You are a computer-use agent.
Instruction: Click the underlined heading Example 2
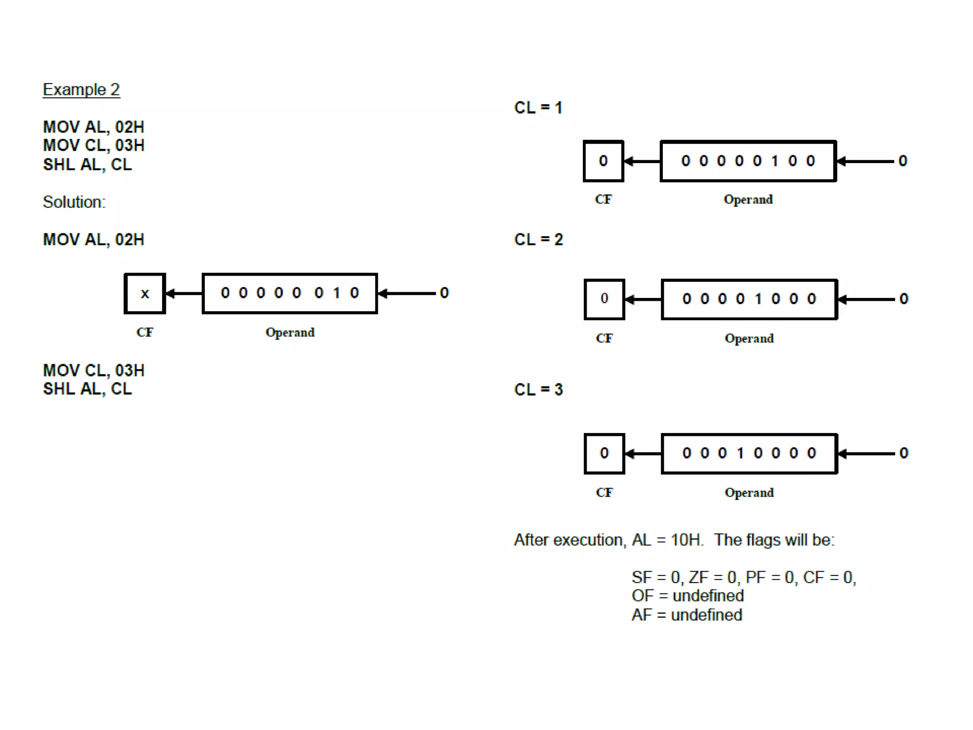(x=81, y=90)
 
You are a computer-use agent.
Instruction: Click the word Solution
(x=74, y=202)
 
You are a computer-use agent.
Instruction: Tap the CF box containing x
(x=145, y=294)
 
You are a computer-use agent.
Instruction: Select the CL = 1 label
(x=538, y=108)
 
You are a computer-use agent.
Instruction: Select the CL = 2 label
(x=538, y=240)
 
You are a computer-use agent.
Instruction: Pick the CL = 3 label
(x=538, y=390)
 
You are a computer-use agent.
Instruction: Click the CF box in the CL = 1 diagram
(x=603, y=161)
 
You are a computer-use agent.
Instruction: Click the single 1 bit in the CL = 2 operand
(x=758, y=299)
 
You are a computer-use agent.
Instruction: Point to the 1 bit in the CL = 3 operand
(x=740, y=453)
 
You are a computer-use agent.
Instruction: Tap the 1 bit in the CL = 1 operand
(x=775, y=161)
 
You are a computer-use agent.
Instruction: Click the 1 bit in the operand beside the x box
(x=336, y=293)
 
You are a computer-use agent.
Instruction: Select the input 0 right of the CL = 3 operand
(x=904, y=453)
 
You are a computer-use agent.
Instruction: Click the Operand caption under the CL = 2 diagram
(x=749, y=338)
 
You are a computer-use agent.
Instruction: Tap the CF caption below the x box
(x=145, y=332)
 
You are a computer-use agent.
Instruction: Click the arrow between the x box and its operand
(x=184, y=294)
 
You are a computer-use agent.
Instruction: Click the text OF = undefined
(x=687, y=596)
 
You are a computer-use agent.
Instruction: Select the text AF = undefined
(x=687, y=615)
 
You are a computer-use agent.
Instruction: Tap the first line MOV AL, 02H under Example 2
(x=94, y=127)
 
